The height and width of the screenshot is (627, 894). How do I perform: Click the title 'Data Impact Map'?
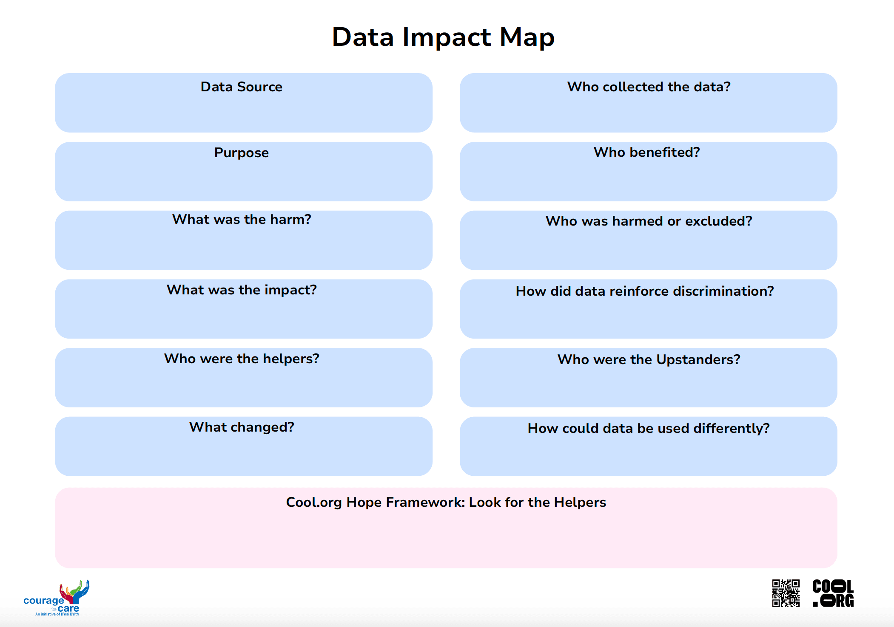pyautogui.click(x=443, y=37)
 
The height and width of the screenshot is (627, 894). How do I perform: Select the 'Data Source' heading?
pyautogui.click(x=241, y=87)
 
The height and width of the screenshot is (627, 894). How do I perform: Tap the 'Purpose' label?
pyautogui.click(x=241, y=153)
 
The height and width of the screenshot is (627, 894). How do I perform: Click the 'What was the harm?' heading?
pyautogui.click(x=242, y=219)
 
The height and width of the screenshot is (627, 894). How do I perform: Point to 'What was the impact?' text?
pyautogui.click(x=242, y=290)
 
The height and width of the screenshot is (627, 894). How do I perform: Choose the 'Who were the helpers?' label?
pyautogui.click(x=242, y=359)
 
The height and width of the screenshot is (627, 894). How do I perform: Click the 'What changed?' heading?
pyautogui.click(x=242, y=427)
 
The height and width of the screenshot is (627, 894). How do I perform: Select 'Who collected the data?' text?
pyautogui.click(x=649, y=87)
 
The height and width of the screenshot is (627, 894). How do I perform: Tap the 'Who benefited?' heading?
pyautogui.click(x=646, y=152)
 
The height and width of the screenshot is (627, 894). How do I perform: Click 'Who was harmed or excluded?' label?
pyautogui.click(x=649, y=221)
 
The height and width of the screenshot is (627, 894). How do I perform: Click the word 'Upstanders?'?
pyautogui.click(x=698, y=359)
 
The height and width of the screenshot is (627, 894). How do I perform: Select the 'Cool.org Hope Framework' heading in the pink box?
pyautogui.click(x=446, y=502)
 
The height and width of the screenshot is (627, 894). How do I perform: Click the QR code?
pyautogui.click(x=786, y=593)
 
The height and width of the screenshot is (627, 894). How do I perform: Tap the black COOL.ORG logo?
pyautogui.click(x=833, y=593)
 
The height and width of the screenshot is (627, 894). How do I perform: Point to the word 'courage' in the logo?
pyautogui.click(x=43, y=601)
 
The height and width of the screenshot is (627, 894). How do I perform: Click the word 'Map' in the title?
pyautogui.click(x=527, y=37)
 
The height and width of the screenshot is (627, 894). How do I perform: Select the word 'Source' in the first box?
pyautogui.click(x=259, y=87)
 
